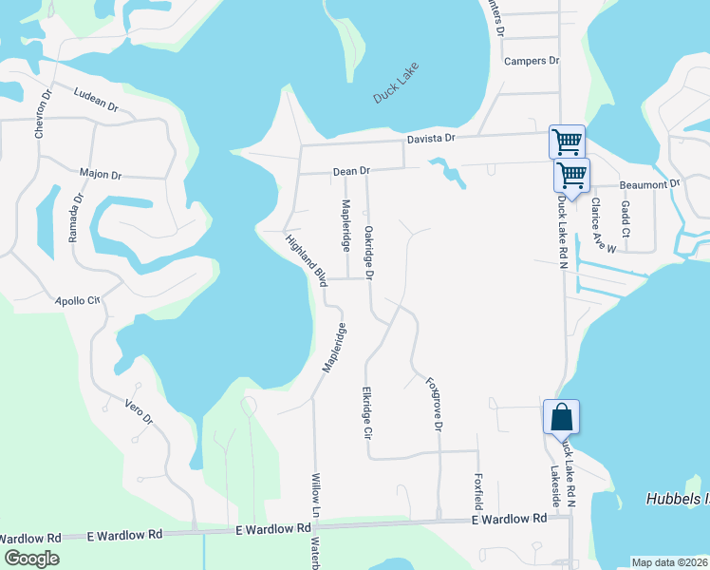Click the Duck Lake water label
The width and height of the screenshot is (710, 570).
click(396, 83)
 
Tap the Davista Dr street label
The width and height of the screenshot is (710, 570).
click(432, 138)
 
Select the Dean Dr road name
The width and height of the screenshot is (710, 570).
click(350, 171)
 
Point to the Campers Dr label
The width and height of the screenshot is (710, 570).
click(532, 61)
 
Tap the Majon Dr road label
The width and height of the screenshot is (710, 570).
click(101, 175)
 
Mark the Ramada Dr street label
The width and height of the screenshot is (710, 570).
click(75, 218)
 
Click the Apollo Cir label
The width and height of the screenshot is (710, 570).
click(77, 299)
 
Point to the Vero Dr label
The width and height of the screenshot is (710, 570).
click(139, 411)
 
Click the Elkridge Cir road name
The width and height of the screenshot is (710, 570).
click(365, 413)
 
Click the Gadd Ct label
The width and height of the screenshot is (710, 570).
click(625, 219)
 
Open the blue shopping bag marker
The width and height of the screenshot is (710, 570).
click(561, 416)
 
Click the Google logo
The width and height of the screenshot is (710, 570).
click(30, 559)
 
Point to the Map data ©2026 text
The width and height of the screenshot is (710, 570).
click(669, 562)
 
